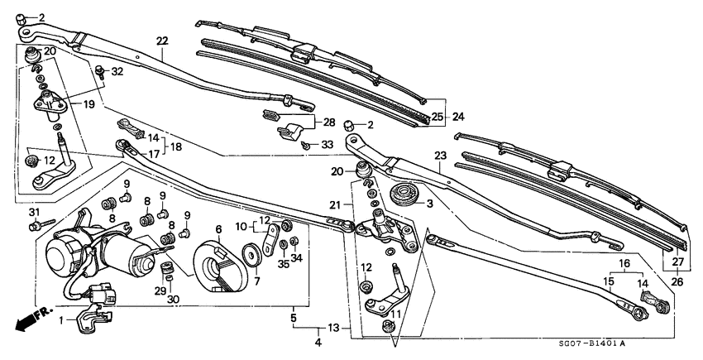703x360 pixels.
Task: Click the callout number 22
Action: click(x=161, y=41)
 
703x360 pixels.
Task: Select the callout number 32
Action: click(x=117, y=72)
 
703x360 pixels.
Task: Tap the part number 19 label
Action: click(x=88, y=105)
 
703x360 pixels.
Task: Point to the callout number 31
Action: click(x=34, y=213)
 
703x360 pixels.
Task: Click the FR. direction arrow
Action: click(x=27, y=319)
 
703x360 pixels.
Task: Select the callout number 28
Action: click(x=328, y=122)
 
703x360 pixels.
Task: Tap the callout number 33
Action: click(x=328, y=144)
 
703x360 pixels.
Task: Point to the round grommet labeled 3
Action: click(x=404, y=199)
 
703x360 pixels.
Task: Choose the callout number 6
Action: click(x=218, y=229)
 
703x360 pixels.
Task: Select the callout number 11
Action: click(x=395, y=314)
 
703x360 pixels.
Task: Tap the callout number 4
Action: click(x=318, y=343)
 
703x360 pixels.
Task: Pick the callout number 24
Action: click(x=457, y=117)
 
